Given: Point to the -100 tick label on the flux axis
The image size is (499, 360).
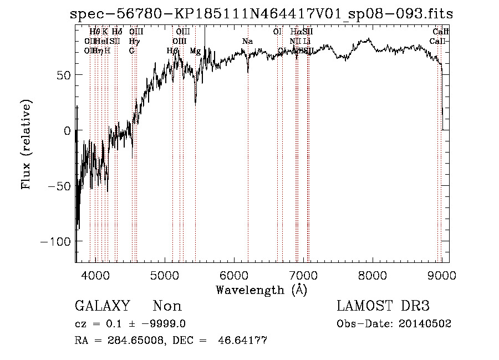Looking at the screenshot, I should click(x=55, y=241).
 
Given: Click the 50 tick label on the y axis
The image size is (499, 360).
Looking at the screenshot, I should click(x=63, y=75).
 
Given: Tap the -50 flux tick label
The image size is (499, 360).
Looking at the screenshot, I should click(x=59, y=186).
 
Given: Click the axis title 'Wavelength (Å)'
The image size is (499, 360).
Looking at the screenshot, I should click(x=261, y=290).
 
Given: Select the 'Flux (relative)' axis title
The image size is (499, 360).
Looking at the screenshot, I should click(x=26, y=144).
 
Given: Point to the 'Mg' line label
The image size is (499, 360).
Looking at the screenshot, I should click(x=195, y=51).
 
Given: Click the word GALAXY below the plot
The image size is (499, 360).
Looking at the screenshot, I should click(x=102, y=306).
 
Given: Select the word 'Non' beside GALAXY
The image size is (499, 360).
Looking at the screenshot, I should click(x=167, y=306).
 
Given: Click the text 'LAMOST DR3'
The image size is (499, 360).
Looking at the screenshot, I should click(x=383, y=306).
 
